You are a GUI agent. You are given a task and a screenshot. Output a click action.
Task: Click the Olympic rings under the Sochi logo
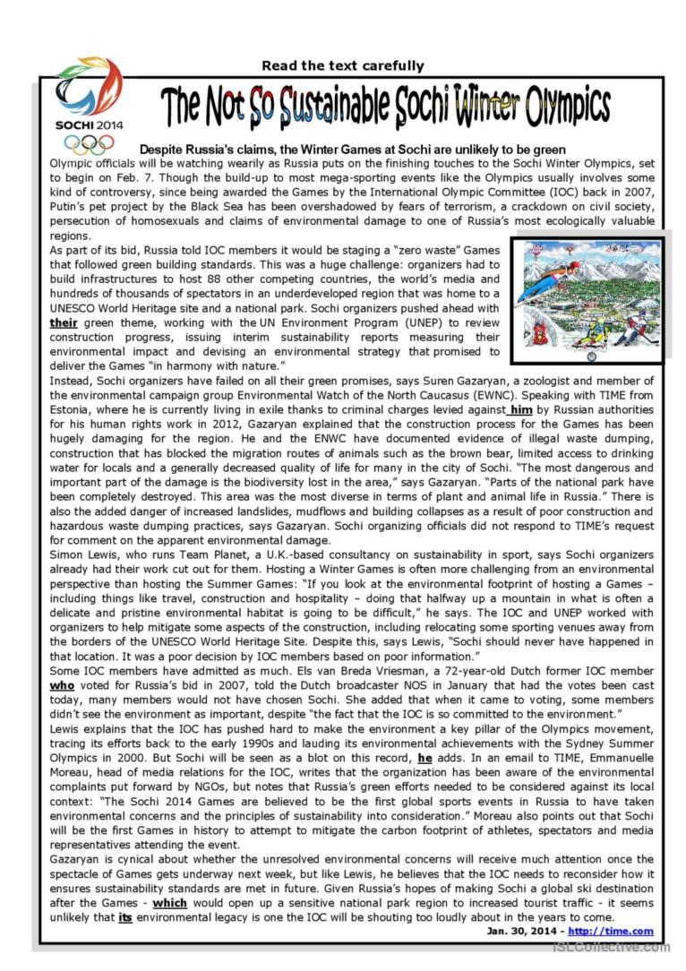(x=89, y=144)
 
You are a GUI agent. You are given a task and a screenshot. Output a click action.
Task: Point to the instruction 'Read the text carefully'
(x=342, y=65)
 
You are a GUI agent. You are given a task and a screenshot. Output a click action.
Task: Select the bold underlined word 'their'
(x=64, y=322)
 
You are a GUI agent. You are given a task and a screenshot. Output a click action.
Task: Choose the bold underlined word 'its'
(x=125, y=918)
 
